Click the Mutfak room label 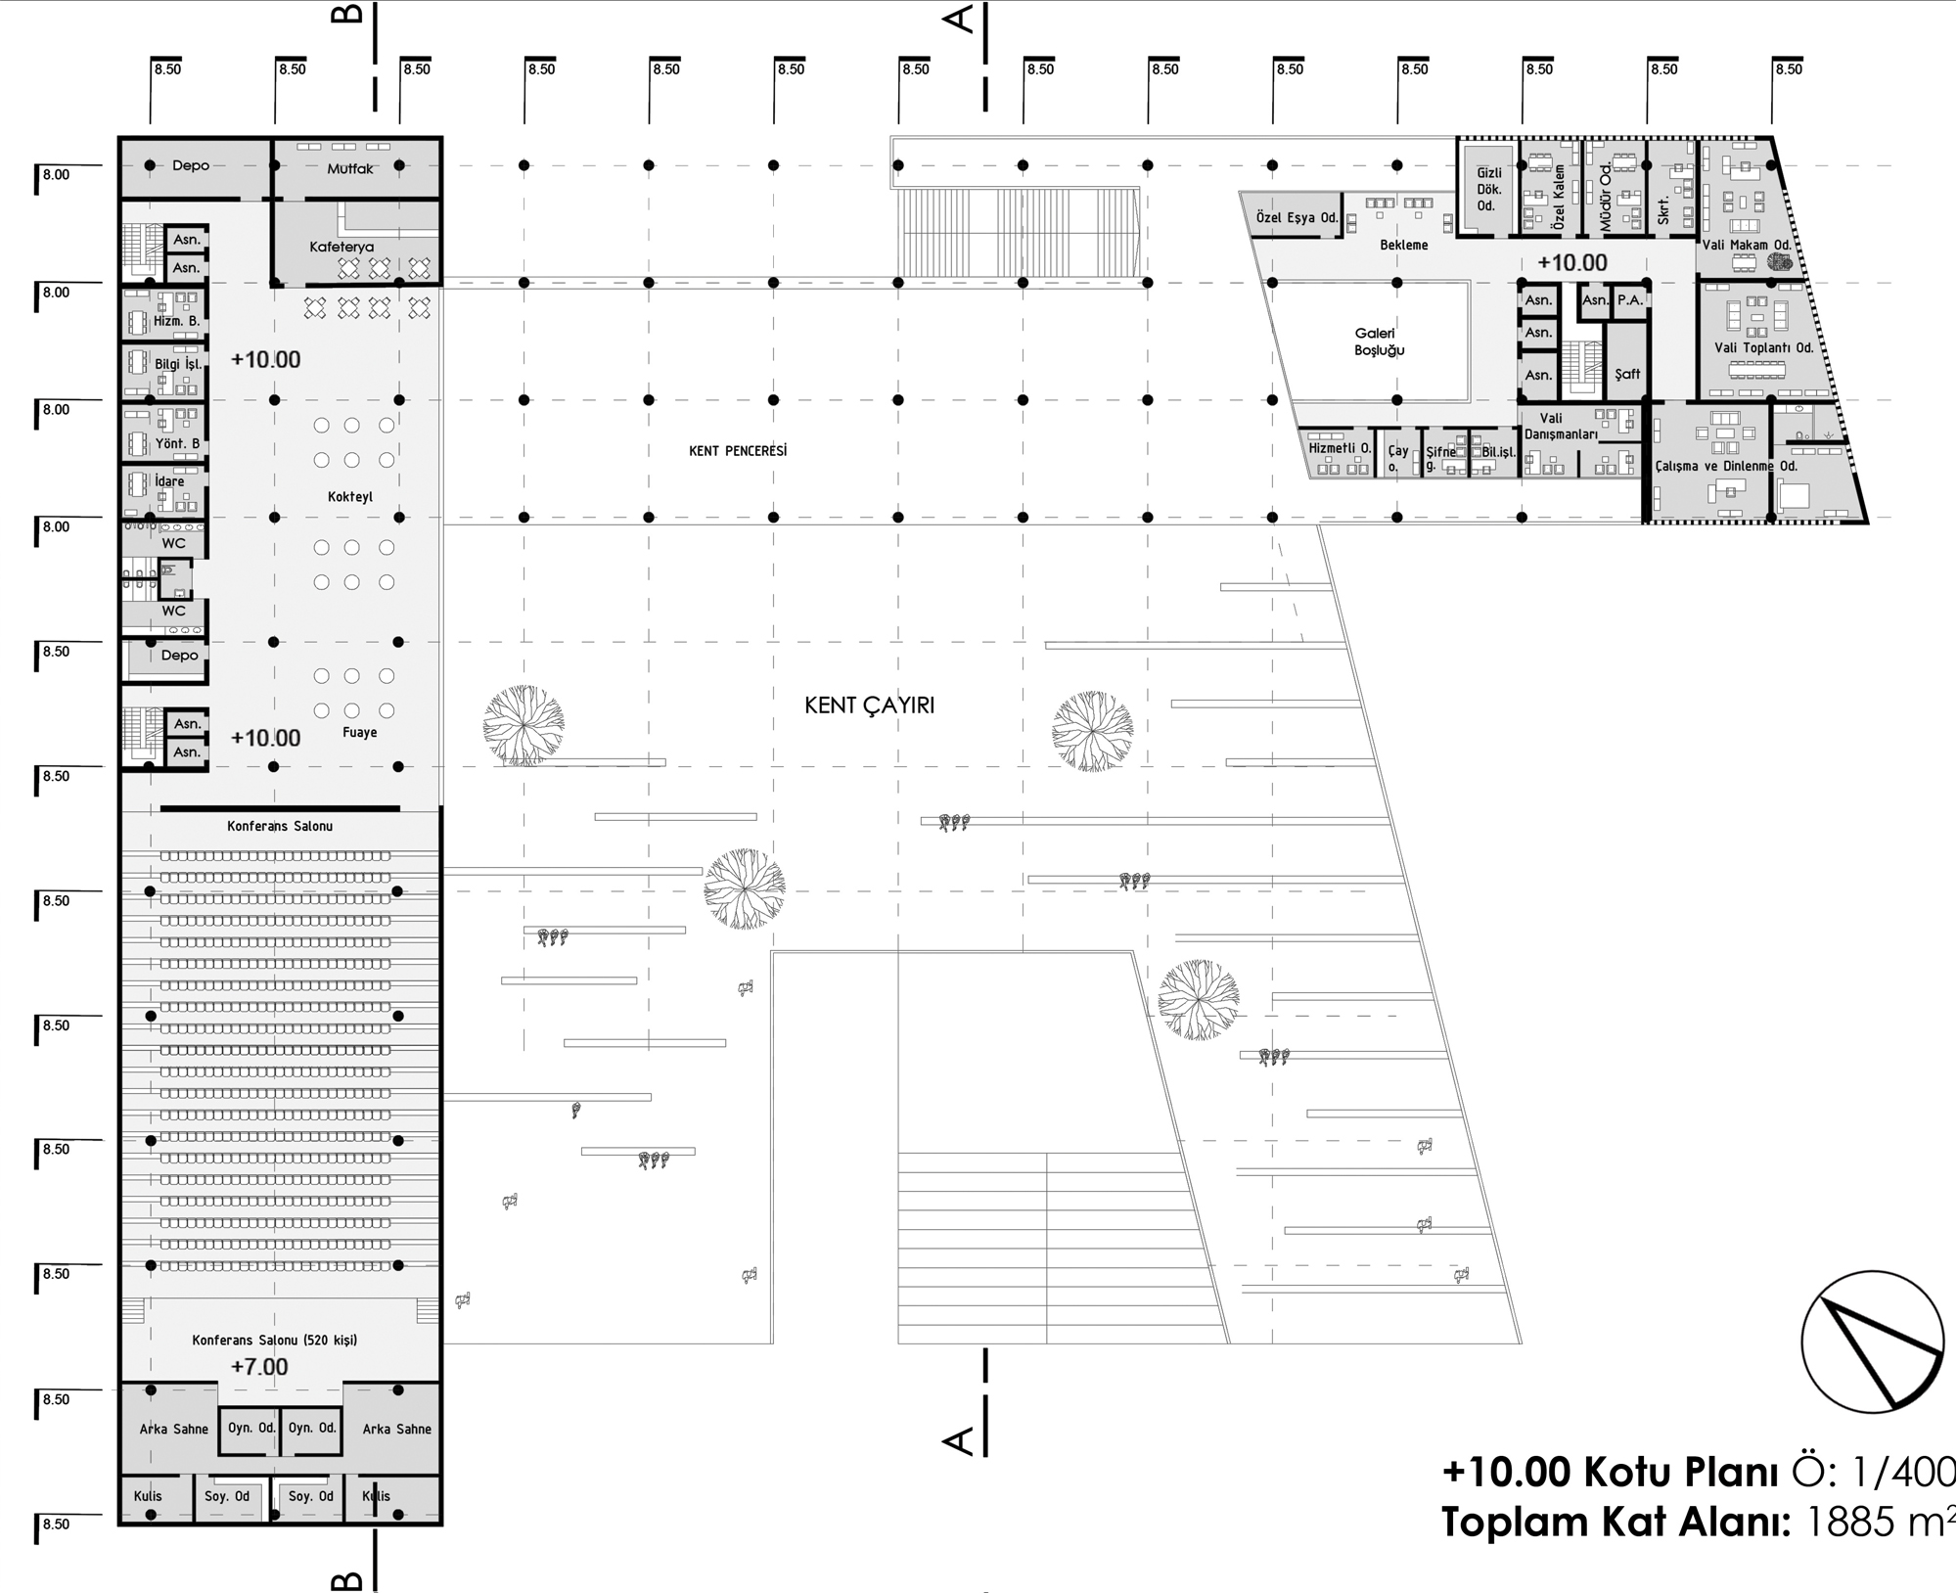[x=350, y=168]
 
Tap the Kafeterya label [x=341, y=247]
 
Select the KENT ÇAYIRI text [x=869, y=705]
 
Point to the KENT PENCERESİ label [x=738, y=451]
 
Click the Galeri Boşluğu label [x=1379, y=341]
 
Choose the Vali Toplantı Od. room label [x=1763, y=347]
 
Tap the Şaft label [x=1627, y=374]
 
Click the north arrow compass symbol [x=1873, y=1341]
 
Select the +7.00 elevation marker [x=259, y=1367]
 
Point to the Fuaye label [x=360, y=732]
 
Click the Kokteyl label [x=350, y=496]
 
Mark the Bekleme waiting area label [x=1404, y=245]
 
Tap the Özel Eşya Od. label [x=1297, y=217]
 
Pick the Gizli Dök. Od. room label [x=1488, y=190]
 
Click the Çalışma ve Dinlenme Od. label [x=1726, y=466]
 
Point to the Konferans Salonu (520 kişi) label [x=275, y=1340]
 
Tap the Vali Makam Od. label [x=1747, y=245]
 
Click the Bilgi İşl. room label [x=178, y=364]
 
